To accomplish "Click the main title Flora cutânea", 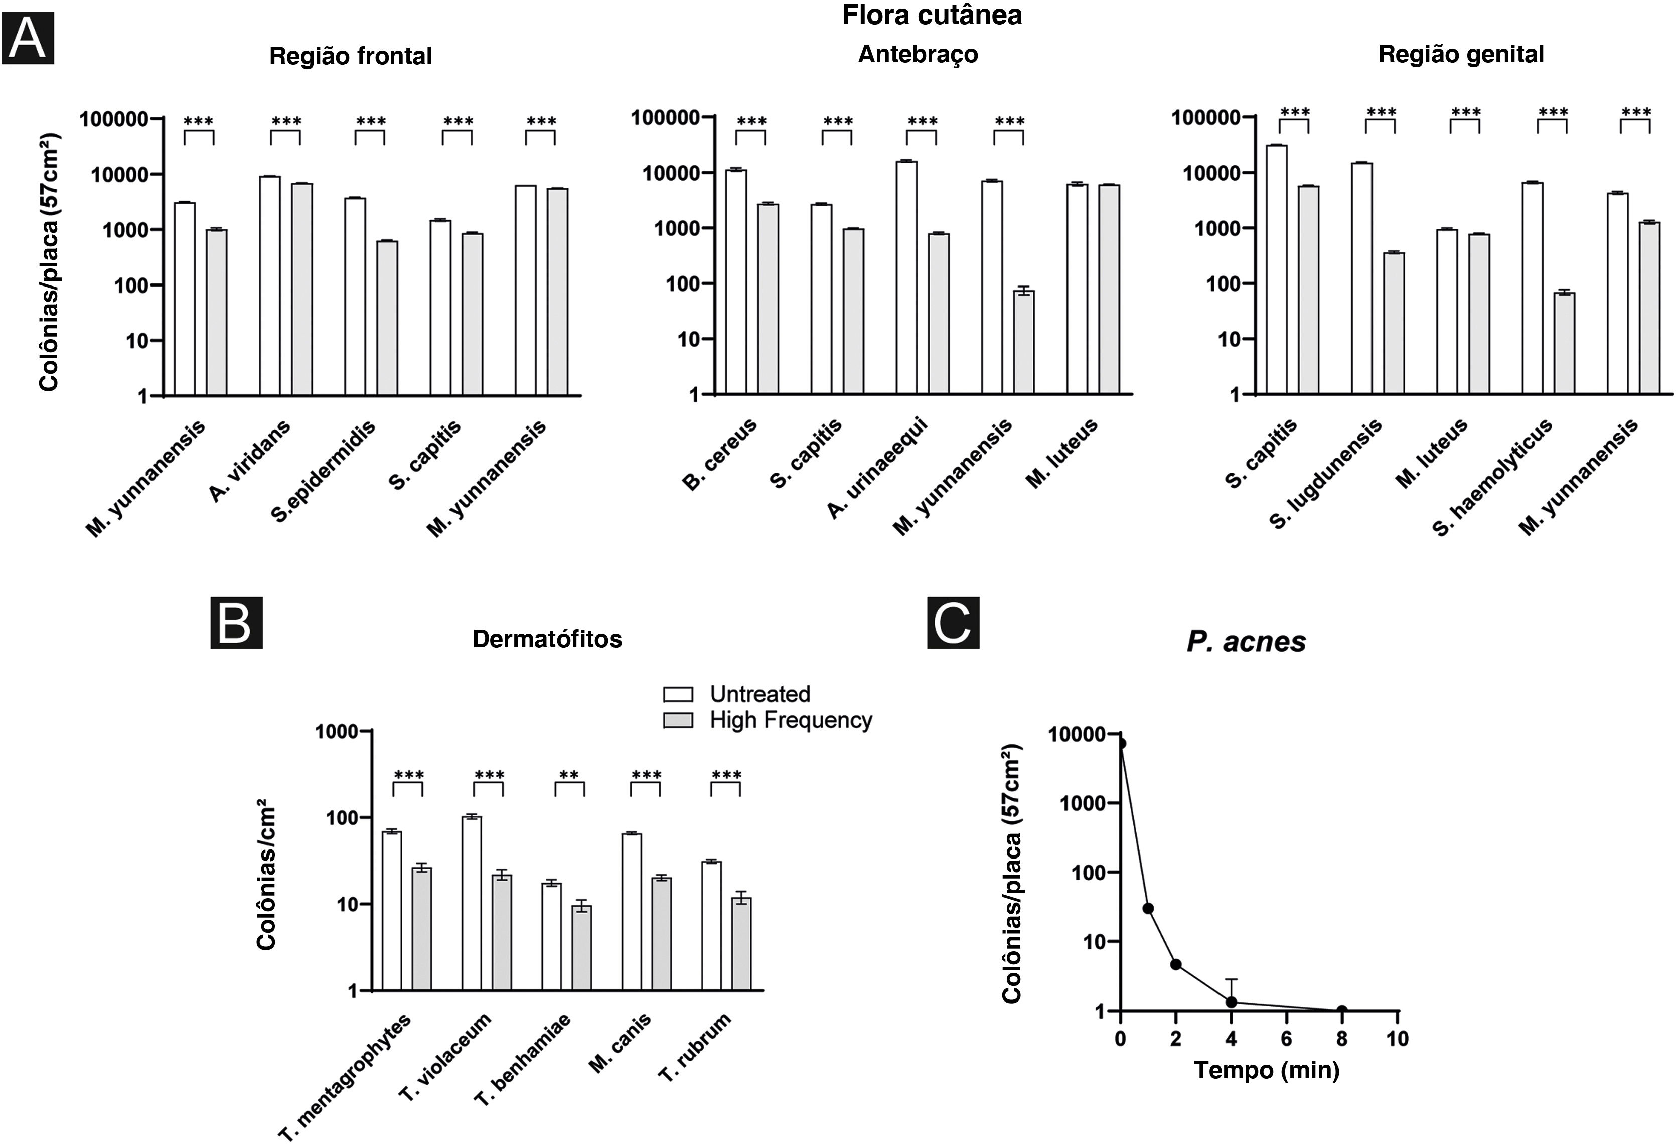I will click(932, 15).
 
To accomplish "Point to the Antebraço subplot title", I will click(918, 54).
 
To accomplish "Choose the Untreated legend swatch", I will click(678, 694).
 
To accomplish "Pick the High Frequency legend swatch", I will click(678, 720).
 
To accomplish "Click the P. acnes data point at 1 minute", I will click(1148, 908).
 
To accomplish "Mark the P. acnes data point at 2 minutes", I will click(1175, 964).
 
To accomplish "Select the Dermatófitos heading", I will click(547, 639).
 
